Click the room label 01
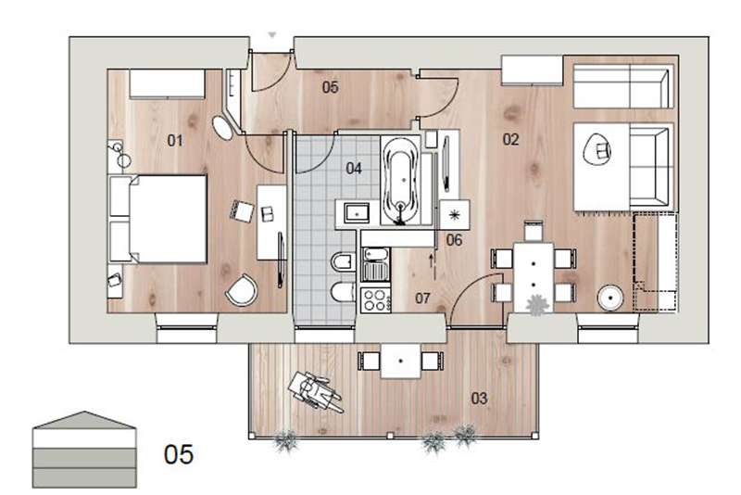[x=175, y=140]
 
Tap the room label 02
[x=511, y=139]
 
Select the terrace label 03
[x=479, y=399]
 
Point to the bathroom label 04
[x=354, y=169]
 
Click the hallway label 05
[x=331, y=87]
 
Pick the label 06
[x=454, y=240]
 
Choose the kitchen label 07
[x=423, y=298]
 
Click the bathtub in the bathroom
[x=401, y=180]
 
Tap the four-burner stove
[x=376, y=299]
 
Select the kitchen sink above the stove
[x=376, y=264]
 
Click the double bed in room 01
[x=158, y=219]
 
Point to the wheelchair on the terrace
[x=314, y=392]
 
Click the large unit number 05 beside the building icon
[x=179, y=454]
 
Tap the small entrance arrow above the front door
[x=271, y=35]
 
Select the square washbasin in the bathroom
[x=358, y=213]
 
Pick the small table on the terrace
[x=401, y=362]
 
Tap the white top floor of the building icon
[x=84, y=438]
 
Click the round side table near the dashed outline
[x=610, y=298]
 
